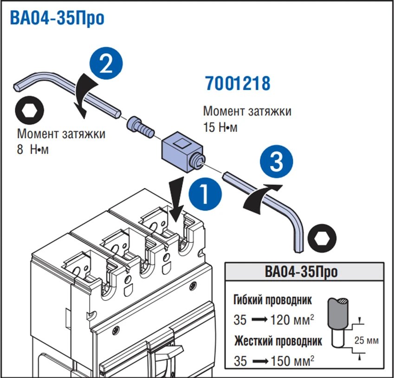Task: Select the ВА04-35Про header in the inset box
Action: click(x=304, y=271)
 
